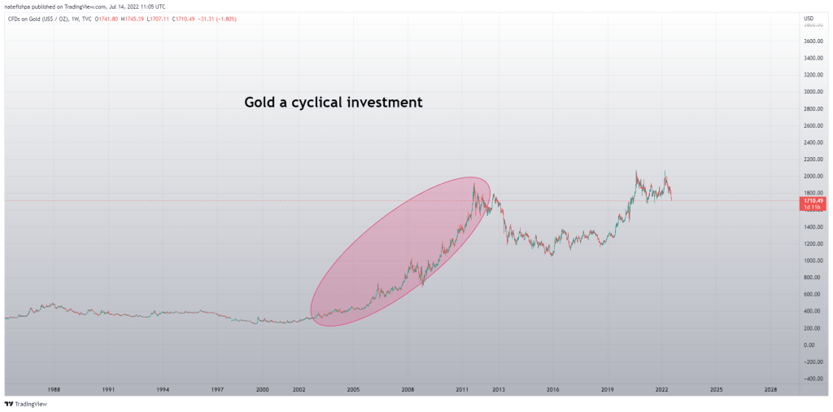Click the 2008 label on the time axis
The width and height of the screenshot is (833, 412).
tap(408, 390)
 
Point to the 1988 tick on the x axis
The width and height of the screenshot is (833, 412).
tap(54, 390)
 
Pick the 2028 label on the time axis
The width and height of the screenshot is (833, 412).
tap(770, 390)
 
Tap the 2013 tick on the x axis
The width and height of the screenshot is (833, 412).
tap(499, 390)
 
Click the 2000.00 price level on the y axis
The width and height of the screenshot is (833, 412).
tap(813, 176)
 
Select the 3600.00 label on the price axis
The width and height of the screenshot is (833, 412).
tap(813, 41)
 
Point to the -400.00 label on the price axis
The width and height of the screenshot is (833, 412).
tap(813, 379)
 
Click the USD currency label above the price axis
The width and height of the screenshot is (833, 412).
tap(809, 18)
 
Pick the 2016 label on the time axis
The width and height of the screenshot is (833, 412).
tap(553, 390)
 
